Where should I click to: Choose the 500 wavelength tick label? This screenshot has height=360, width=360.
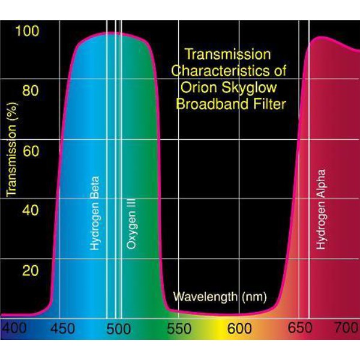click(122, 329)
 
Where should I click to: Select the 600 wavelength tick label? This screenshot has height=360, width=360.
click(239, 329)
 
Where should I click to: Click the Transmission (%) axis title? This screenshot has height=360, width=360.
click(10, 157)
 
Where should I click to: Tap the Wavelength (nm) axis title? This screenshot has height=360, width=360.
click(220, 296)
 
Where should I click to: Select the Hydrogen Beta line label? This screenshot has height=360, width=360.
click(95, 213)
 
